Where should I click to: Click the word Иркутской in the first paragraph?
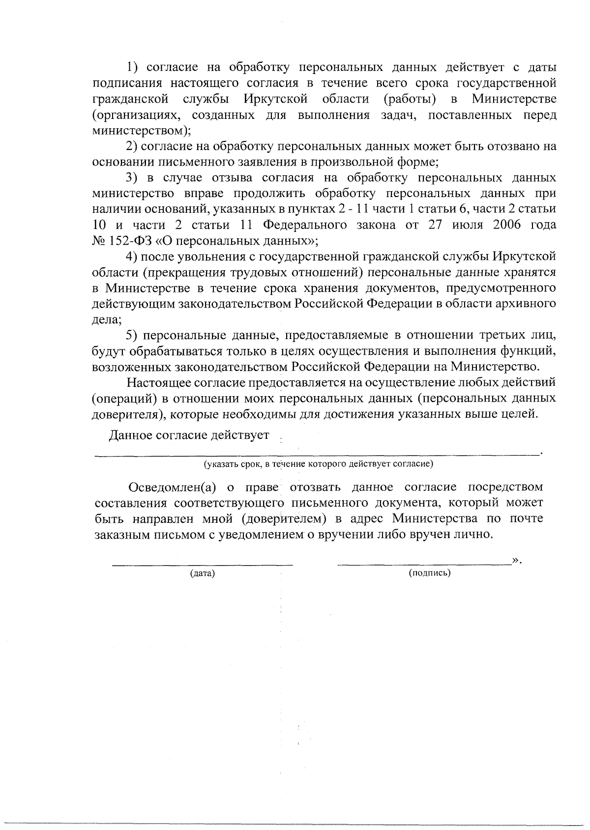[275, 99]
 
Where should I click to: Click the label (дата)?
[203, 573]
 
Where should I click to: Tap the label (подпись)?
[430, 573]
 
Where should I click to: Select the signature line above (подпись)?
[424, 564]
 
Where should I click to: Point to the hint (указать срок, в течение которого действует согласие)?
[319, 463]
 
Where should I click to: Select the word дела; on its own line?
[107, 319]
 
